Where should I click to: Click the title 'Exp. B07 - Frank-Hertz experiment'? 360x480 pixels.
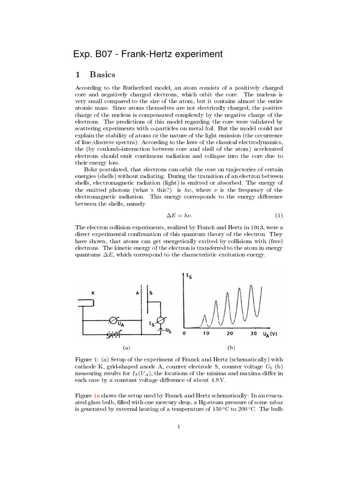point(148,54)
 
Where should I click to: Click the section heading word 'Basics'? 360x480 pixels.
point(102,75)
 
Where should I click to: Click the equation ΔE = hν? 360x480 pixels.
point(180,215)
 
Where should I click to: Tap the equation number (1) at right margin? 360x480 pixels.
point(279,215)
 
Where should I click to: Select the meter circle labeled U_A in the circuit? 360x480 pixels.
point(112,321)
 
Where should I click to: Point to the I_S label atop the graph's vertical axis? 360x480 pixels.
point(188,276)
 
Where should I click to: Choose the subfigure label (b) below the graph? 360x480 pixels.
point(231,347)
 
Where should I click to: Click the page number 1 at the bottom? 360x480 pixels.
point(179,427)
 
